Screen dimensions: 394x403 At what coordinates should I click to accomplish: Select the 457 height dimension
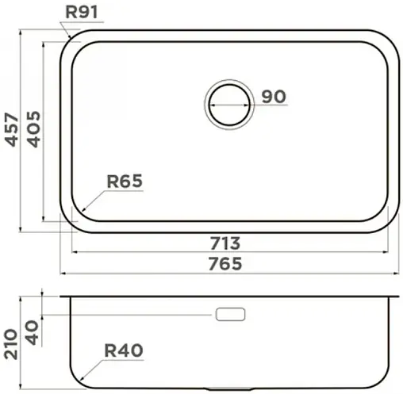click(x=11, y=128)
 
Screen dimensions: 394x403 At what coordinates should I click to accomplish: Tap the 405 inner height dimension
click(x=34, y=128)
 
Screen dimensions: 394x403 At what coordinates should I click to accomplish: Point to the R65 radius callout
click(x=125, y=182)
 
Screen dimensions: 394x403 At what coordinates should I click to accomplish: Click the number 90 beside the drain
click(x=273, y=97)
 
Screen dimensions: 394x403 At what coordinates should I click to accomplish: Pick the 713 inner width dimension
click(x=225, y=243)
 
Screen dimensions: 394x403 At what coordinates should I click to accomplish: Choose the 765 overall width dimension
click(x=225, y=263)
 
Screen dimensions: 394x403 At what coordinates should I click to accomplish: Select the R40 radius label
click(x=125, y=350)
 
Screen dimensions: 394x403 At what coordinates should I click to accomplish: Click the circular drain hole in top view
click(x=230, y=104)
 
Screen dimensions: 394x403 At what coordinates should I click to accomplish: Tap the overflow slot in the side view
click(x=230, y=315)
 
